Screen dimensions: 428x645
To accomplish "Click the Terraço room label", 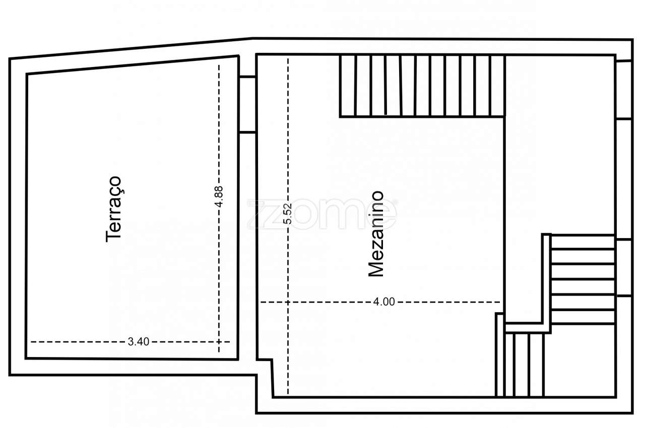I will [x=114, y=209].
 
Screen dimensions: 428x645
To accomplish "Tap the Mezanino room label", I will [x=376, y=234].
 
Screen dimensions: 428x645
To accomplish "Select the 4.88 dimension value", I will [x=218, y=196].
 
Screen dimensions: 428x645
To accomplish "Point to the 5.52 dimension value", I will [x=287, y=215].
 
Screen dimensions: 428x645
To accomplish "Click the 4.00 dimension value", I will [x=384, y=302].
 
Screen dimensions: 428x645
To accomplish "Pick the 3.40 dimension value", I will [x=138, y=342].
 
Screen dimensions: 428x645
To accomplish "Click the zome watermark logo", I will [x=322, y=215].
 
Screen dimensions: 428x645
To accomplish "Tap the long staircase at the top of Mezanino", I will [x=422, y=86].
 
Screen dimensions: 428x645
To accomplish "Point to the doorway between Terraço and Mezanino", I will [x=247, y=104].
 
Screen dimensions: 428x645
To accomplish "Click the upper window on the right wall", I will [x=624, y=90].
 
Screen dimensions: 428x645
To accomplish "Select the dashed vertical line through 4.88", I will [x=219, y=126].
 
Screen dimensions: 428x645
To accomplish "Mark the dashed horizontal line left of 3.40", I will [x=76, y=342].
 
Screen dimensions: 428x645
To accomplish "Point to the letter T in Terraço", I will [x=114, y=236].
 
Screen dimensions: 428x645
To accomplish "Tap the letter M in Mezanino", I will [x=376, y=269].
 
